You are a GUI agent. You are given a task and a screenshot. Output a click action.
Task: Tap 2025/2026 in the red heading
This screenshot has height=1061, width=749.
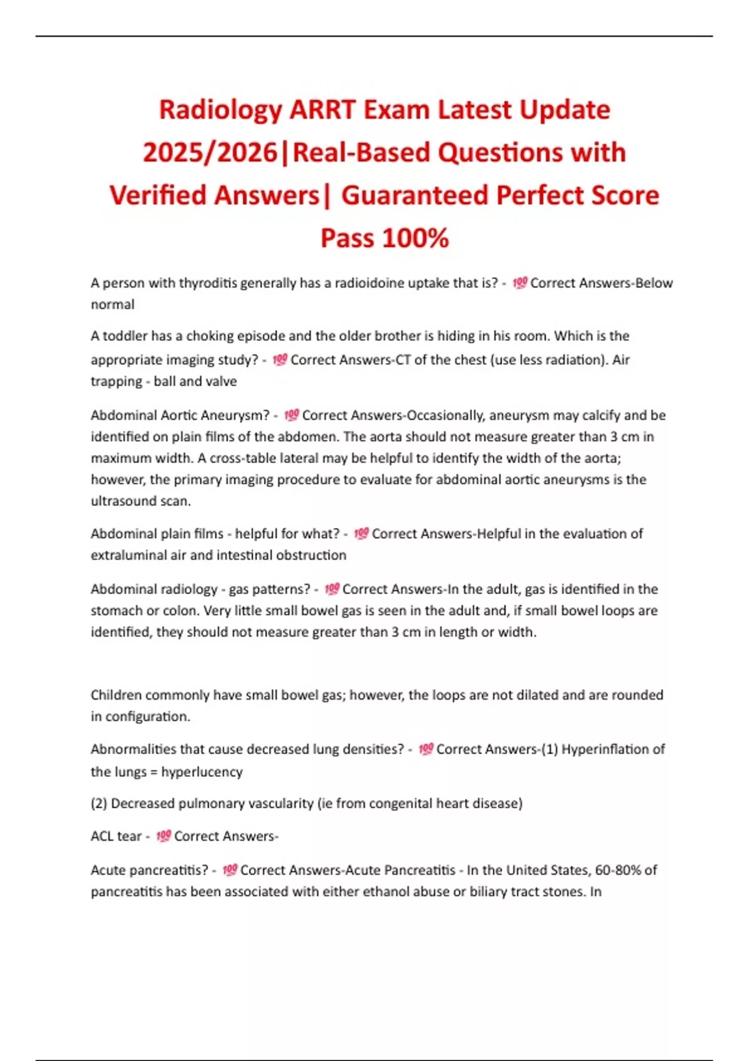coord(210,153)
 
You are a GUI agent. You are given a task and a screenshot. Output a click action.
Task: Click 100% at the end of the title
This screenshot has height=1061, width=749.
coord(415,238)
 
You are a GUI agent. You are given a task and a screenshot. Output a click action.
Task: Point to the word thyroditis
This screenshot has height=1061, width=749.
coord(208,283)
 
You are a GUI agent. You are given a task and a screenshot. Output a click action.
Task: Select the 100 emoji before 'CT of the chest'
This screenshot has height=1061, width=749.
coord(280,359)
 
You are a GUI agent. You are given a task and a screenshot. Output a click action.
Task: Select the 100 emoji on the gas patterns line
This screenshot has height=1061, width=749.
coord(331,589)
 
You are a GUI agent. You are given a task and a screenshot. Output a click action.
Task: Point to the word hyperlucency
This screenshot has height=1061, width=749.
coord(202,772)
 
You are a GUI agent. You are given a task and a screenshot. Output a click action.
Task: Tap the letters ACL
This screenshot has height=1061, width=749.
coord(102,836)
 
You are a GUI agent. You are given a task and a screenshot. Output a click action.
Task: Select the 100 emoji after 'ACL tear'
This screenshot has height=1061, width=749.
coord(163,836)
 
